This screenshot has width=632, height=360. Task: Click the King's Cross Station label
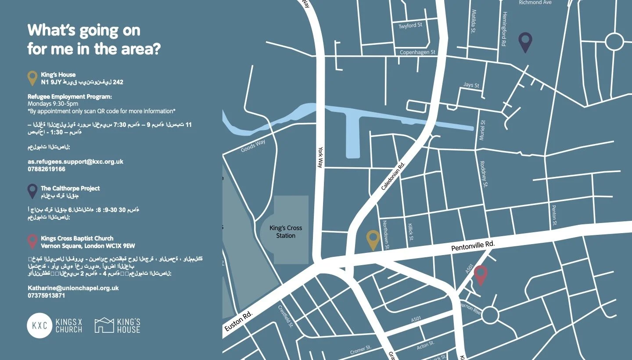(x=286, y=232)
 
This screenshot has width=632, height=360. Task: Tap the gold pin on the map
(x=373, y=239)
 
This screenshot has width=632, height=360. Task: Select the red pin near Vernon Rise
(x=481, y=275)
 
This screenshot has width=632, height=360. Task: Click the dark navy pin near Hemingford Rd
(x=525, y=42)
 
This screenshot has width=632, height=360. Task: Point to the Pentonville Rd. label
(x=473, y=245)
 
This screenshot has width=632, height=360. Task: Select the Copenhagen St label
(x=417, y=52)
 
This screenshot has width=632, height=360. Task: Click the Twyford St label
(x=410, y=25)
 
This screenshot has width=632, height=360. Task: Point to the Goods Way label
(x=253, y=146)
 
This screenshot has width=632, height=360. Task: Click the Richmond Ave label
(x=535, y=3)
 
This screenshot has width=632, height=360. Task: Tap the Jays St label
(x=471, y=85)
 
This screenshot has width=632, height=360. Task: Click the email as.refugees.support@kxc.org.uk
(x=75, y=162)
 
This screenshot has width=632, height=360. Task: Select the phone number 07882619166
(x=47, y=169)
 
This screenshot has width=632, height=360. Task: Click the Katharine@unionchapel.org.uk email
(x=73, y=288)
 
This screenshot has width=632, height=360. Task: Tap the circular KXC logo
(x=39, y=326)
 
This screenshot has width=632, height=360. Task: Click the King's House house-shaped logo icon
(x=104, y=325)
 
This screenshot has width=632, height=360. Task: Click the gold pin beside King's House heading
(x=32, y=78)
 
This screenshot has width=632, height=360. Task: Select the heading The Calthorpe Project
(x=70, y=188)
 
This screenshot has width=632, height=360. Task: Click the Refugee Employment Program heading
(x=70, y=97)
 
